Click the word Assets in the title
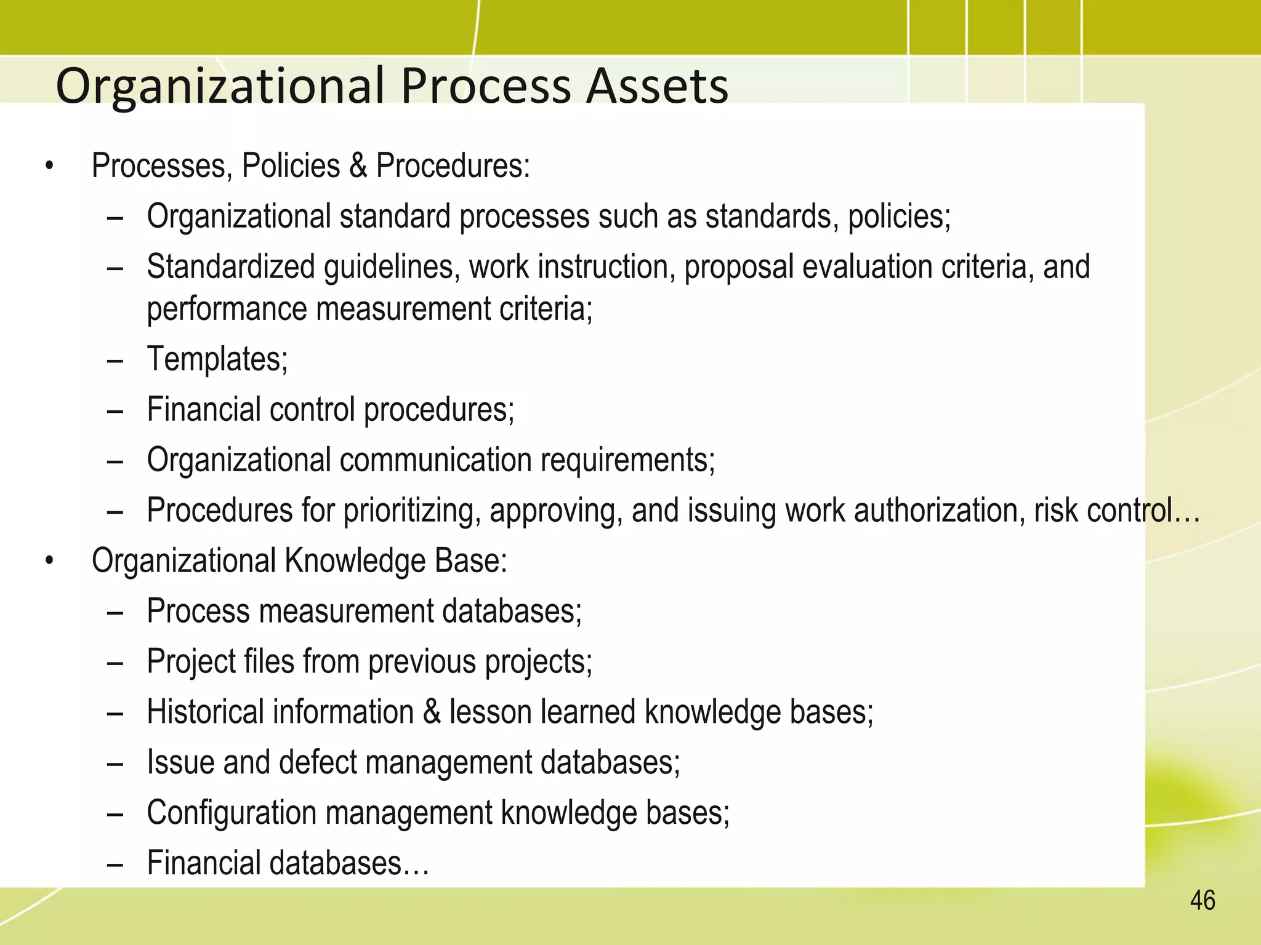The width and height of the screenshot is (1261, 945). click(657, 86)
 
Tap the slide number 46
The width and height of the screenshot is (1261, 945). click(1203, 901)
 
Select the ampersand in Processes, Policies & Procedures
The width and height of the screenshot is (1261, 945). click(358, 165)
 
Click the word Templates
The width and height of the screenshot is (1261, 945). click(217, 359)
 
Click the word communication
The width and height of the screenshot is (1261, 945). click(435, 460)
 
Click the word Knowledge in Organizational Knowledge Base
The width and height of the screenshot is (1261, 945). click(355, 560)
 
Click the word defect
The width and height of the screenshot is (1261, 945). click(318, 762)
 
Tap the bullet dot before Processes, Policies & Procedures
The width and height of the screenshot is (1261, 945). click(50, 166)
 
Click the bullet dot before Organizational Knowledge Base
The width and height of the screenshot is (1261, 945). click(50, 561)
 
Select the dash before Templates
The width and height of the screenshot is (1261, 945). click(115, 360)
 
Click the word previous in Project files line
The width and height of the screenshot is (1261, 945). click(422, 662)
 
